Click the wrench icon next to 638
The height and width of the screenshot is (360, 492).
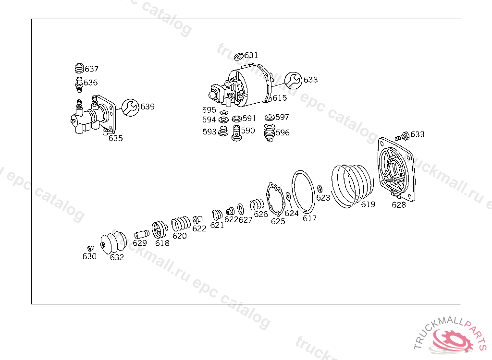294,80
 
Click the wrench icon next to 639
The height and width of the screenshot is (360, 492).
130,108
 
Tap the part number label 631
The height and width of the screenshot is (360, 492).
251,55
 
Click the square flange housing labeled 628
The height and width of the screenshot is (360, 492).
396,169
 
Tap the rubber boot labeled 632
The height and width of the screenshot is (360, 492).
113,242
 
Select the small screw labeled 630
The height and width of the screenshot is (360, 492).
91,248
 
